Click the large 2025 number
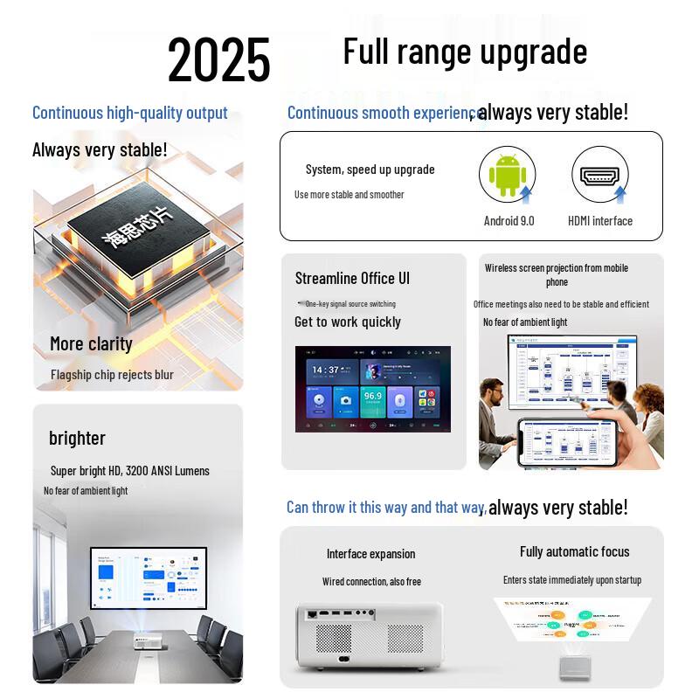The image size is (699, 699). [x=219, y=59]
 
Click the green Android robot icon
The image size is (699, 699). [x=507, y=175]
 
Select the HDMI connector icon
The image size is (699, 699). [x=600, y=174]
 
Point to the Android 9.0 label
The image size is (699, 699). [x=509, y=221]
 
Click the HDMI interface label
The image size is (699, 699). [x=600, y=221]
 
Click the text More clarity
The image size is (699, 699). [x=91, y=343]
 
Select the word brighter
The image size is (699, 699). [x=77, y=438]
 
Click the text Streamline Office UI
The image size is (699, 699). [x=352, y=278]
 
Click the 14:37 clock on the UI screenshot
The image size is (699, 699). [x=325, y=370]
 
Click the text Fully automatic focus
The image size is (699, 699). [x=574, y=551]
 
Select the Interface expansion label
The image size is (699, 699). [x=370, y=554]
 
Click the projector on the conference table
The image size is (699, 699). [x=148, y=640]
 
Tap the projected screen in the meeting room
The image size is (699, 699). [x=149, y=579]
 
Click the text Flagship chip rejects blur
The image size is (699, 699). [x=112, y=375]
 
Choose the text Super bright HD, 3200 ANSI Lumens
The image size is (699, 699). [x=130, y=470]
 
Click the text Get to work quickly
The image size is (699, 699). [x=348, y=322]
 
